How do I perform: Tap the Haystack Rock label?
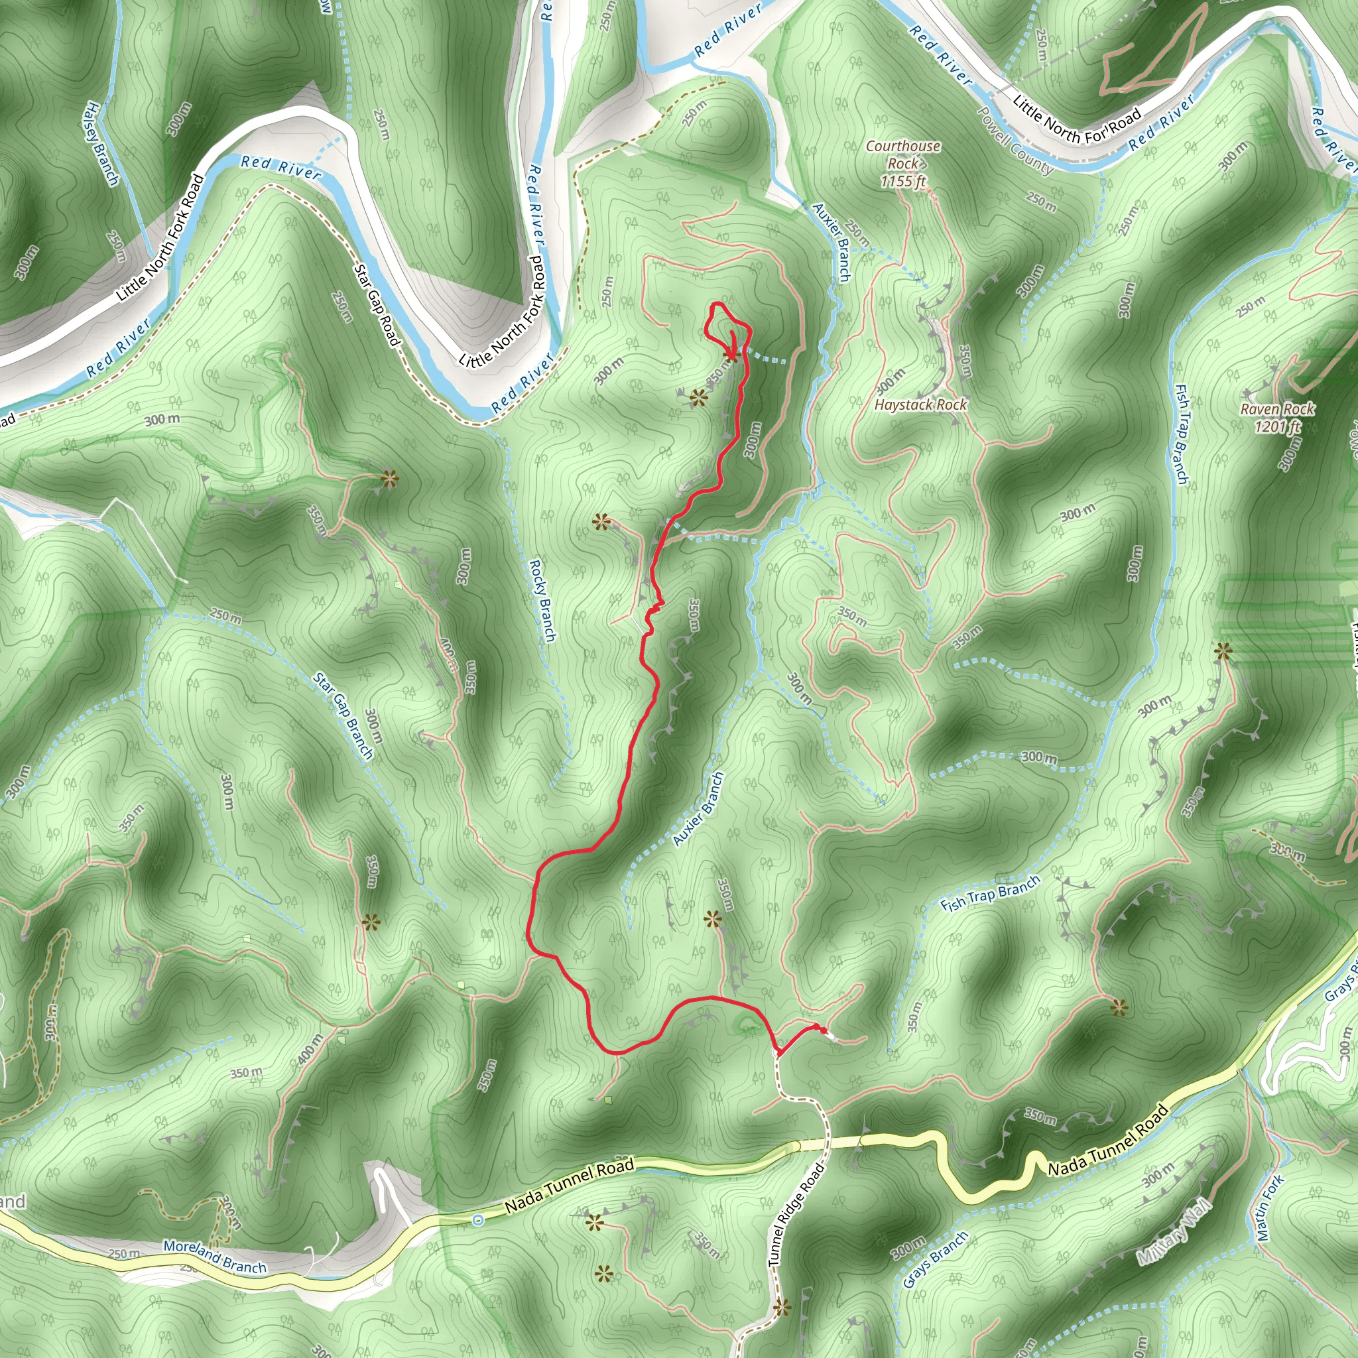(920, 405)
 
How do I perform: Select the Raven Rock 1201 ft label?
(1277, 418)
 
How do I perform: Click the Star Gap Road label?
(377, 305)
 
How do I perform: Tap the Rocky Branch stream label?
(542, 600)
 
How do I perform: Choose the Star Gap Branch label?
(343, 716)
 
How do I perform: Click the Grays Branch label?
(936, 1260)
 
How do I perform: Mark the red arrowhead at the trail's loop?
(733, 344)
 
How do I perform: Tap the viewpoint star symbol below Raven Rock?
(1223, 652)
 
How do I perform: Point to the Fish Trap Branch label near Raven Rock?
(1182, 434)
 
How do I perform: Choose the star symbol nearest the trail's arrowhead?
(698, 399)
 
